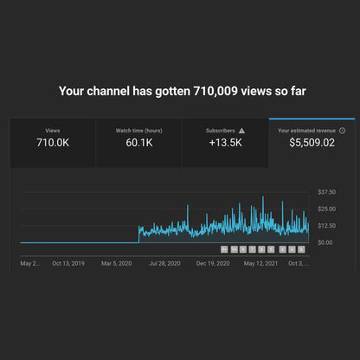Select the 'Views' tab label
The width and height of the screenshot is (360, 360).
pos(53,131)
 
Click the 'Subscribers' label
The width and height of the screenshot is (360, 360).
pos(221,131)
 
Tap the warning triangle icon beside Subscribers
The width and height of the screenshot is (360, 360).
pos(242,131)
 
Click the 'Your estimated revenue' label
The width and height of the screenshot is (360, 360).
pos(306,131)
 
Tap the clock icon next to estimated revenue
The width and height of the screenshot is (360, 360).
pos(342,131)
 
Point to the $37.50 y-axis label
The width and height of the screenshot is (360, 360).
pos(327,192)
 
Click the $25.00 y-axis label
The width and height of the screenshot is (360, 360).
pos(327,209)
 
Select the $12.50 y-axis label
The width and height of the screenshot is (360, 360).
pos(327,226)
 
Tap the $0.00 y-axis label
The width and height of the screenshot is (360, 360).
pos(325,242)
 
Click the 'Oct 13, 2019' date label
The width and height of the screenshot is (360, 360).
pos(68,262)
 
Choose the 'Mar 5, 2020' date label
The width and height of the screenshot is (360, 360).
pos(117,262)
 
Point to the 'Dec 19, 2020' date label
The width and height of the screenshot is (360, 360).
pos(212,262)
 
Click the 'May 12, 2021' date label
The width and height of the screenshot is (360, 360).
pos(260,262)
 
